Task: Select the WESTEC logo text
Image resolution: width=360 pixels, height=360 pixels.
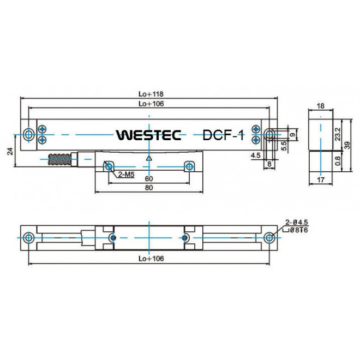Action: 149,135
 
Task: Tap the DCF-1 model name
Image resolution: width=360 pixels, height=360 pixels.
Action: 223,135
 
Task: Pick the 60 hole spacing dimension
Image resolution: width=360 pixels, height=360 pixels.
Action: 148,178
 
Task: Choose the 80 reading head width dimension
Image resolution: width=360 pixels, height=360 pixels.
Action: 148,188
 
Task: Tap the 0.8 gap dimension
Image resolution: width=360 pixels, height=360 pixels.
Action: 338,161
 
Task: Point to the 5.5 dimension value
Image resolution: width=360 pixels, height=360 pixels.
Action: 284,146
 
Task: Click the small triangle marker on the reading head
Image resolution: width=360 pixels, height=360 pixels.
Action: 148,159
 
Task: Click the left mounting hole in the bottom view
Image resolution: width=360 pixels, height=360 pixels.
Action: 28,238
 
